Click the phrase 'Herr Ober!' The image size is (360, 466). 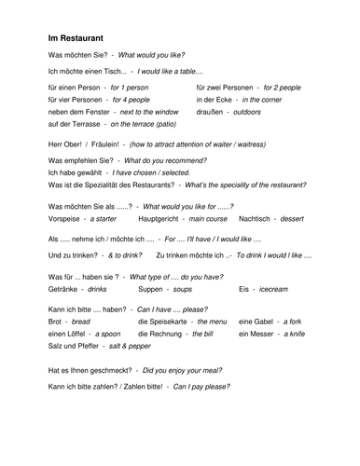pos(63,144)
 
